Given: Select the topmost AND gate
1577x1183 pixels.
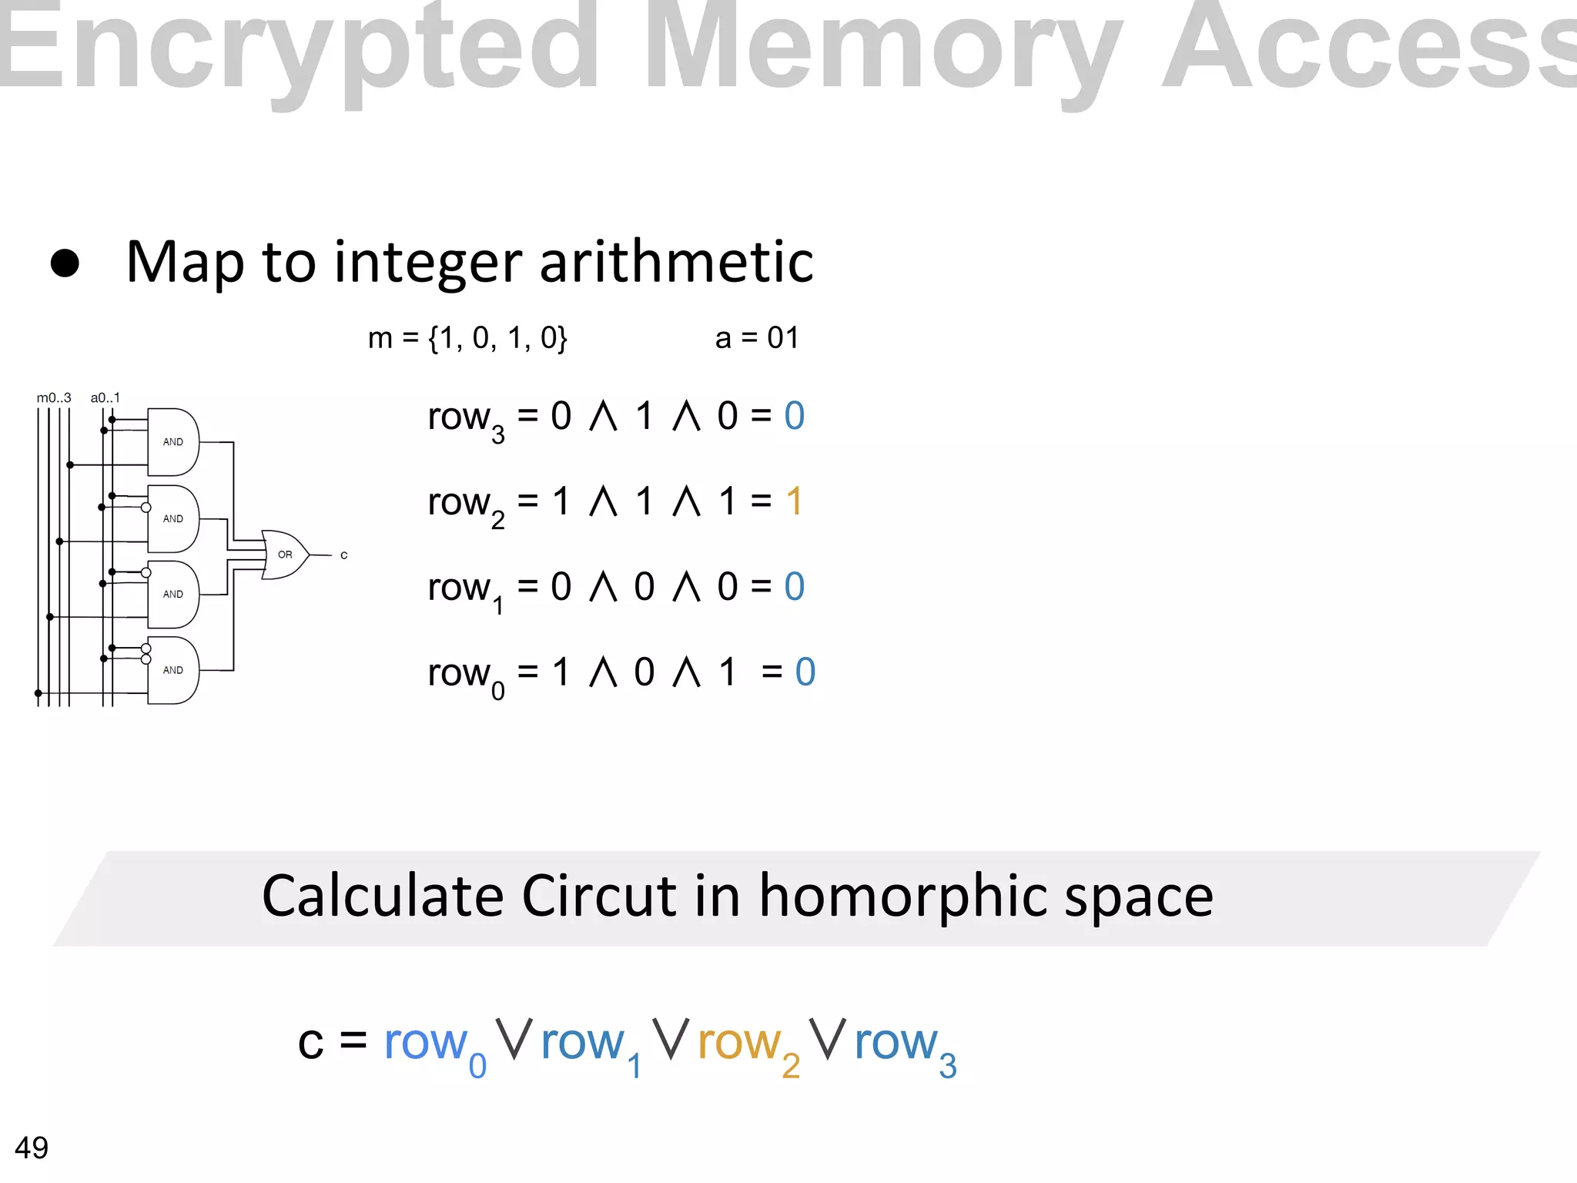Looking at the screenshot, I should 173,442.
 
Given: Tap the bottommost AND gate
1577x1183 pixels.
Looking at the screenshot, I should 173,670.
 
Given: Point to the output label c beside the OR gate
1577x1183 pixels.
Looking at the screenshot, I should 344,555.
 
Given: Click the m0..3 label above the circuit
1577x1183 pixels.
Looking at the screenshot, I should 54,398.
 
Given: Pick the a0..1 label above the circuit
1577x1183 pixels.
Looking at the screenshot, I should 105,398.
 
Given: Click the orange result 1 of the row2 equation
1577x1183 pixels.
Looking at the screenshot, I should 795,501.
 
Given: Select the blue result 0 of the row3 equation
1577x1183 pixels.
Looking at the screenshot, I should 795,416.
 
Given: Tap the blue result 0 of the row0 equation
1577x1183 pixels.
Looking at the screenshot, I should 805,672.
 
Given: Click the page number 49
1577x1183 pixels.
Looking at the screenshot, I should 32,1148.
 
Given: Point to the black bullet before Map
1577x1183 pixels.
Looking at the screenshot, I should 65,263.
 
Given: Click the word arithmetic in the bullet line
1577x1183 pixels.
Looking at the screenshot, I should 676,262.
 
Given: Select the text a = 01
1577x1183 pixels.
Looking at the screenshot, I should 757,338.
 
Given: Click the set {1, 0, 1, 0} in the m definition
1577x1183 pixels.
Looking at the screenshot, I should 498,338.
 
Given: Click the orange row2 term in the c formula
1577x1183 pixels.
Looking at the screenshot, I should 748,1046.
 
